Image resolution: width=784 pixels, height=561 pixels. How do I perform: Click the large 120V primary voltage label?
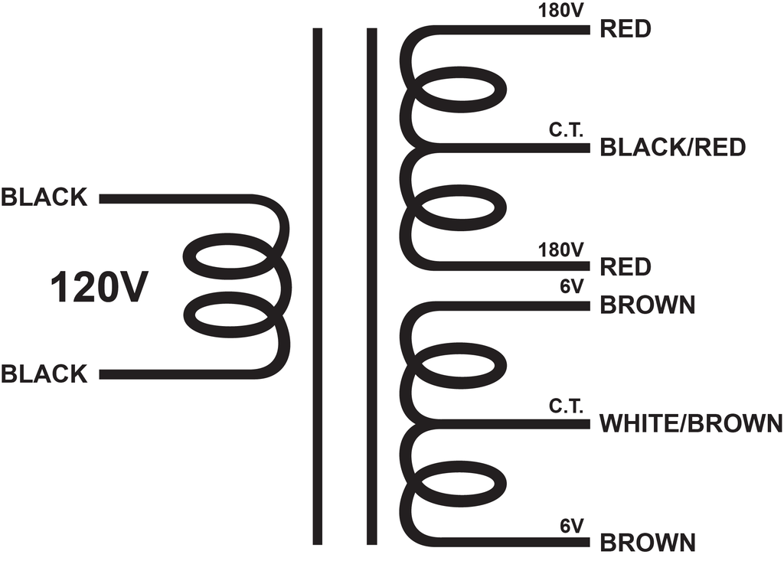pos(99,288)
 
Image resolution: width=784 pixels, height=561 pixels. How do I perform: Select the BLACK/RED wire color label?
pos(672,147)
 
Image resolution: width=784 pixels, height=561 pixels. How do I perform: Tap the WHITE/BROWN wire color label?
pos(691,423)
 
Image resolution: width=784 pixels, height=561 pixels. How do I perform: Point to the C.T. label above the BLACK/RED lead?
pos(566,130)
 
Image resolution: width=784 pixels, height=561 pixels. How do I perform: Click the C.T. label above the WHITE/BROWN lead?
pos(566,406)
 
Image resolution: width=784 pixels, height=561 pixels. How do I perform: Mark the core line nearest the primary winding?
pos(318,286)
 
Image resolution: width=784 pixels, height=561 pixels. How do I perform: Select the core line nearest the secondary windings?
pos(371,286)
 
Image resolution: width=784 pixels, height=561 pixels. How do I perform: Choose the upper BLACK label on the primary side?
pos(44,197)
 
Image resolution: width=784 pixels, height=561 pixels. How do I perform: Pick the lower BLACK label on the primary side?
pos(44,374)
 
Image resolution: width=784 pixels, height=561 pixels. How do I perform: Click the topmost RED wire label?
pos(626,29)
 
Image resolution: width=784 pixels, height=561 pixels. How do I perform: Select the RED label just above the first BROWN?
pos(626,267)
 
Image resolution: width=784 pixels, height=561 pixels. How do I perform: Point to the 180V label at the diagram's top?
pos(560,11)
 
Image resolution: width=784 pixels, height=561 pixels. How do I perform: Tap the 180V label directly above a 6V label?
pos(560,250)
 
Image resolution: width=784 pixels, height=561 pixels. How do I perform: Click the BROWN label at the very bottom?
pos(648,543)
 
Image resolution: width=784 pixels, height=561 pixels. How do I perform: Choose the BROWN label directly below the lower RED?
pos(648,305)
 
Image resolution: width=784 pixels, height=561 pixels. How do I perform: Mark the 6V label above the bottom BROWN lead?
pos(571,526)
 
